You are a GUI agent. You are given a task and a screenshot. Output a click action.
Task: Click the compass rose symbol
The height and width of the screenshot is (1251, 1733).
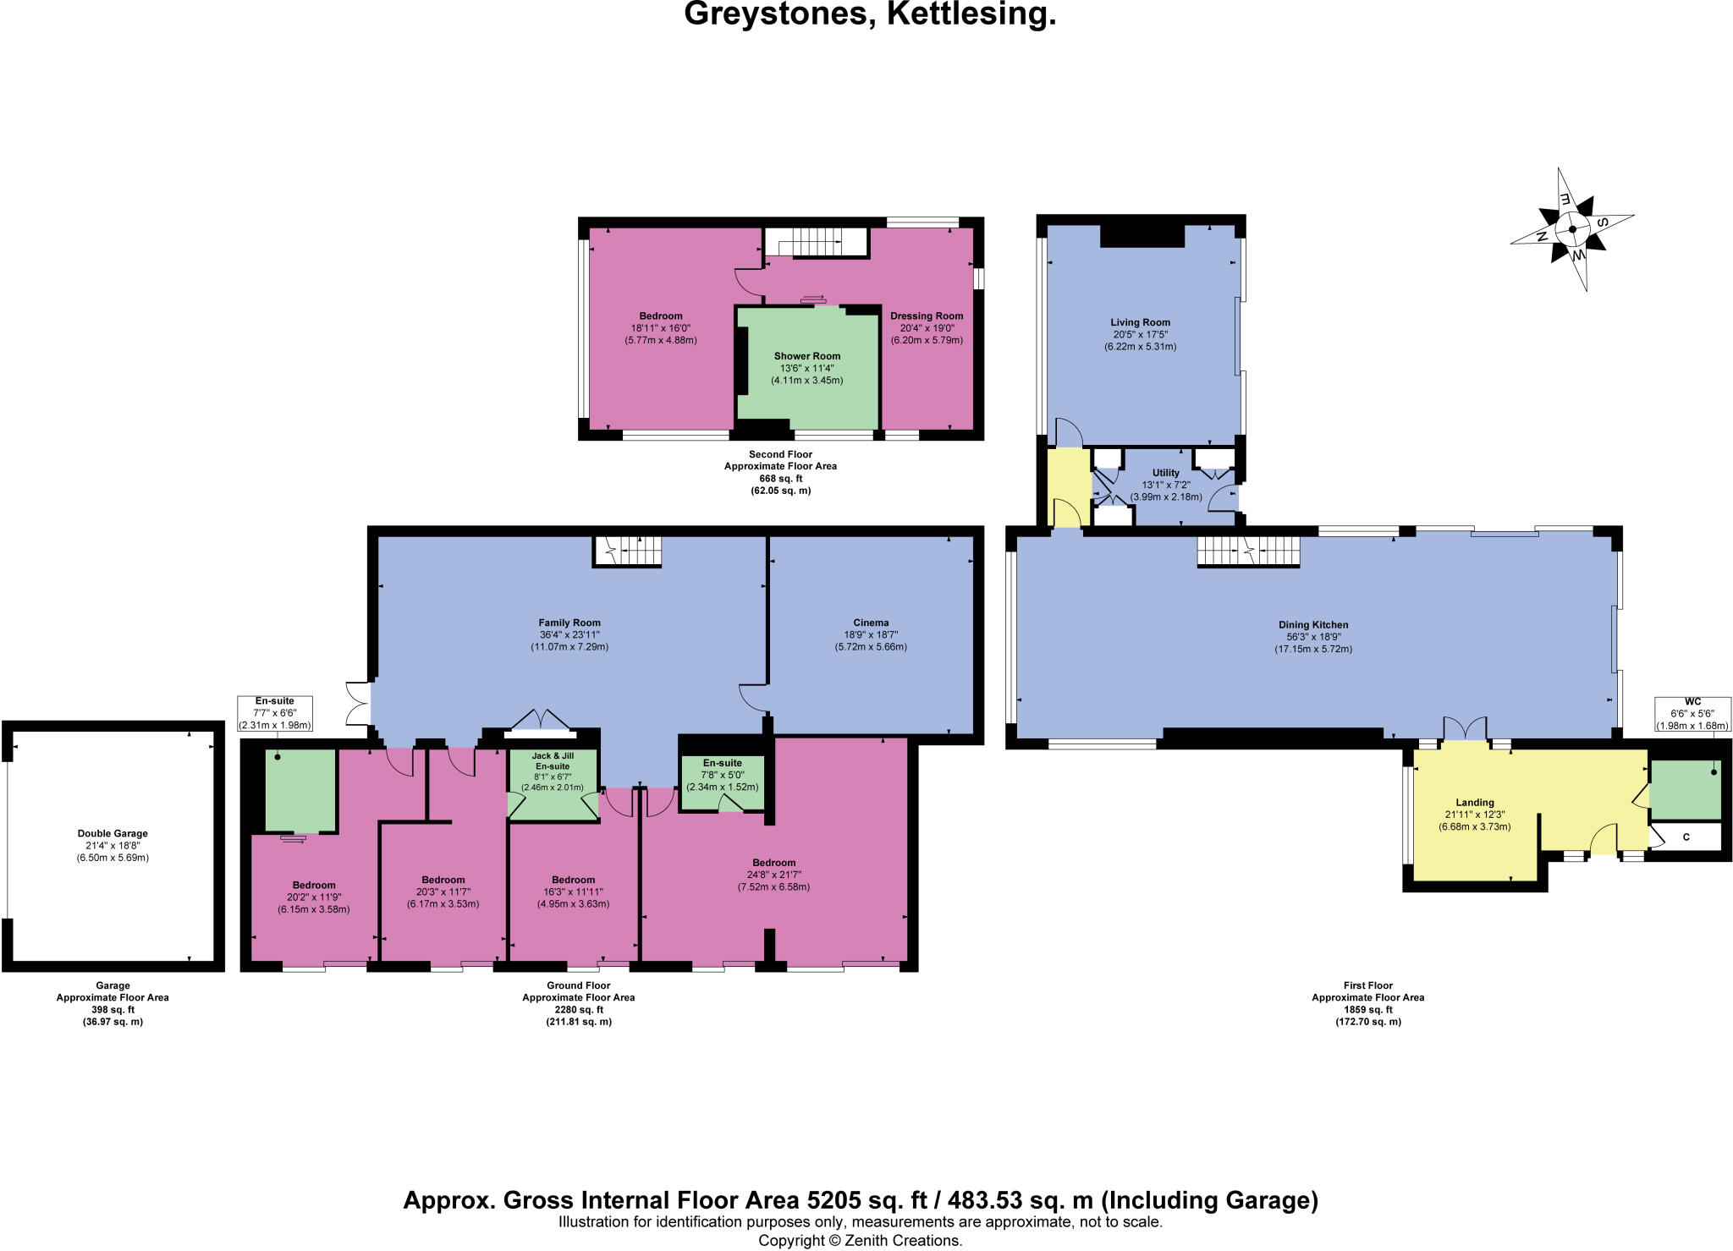(1572, 229)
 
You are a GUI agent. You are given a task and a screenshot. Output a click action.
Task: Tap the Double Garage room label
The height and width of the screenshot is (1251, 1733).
(113, 845)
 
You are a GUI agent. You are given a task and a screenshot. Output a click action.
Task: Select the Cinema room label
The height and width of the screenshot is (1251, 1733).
(871, 634)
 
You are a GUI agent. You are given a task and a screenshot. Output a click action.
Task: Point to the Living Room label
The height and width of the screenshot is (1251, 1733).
(1140, 334)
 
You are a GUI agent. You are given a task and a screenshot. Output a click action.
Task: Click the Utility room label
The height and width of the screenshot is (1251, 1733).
(1165, 485)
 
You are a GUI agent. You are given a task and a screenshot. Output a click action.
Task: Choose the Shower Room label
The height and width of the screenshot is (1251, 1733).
(806, 368)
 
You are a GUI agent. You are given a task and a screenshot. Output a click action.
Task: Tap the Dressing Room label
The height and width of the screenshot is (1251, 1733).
(927, 328)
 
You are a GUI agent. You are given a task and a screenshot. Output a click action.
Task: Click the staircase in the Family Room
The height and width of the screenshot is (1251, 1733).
(626, 551)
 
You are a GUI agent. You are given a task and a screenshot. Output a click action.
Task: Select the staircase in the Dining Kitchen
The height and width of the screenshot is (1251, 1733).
(1247, 551)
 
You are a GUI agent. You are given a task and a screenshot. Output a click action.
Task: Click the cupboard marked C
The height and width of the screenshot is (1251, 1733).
(1686, 837)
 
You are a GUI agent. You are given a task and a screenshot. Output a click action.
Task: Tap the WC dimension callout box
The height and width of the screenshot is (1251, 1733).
(1692, 713)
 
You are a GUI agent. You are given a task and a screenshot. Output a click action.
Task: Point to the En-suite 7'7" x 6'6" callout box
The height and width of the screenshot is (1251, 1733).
(275, 713)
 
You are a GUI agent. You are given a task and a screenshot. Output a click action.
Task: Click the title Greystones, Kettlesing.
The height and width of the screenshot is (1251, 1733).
(869, 15)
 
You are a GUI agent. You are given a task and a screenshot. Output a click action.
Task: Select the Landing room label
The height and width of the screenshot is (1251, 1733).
(1474, 814)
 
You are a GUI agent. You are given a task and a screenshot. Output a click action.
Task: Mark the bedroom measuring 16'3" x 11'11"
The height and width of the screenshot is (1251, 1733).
(573, 892)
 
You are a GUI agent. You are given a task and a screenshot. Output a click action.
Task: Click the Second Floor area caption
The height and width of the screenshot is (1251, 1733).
(780, 472)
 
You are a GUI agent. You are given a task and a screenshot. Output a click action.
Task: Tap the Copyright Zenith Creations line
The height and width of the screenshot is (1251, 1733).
(860, 1241)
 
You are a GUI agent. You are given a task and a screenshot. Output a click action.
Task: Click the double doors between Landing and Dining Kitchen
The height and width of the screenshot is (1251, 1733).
(1465, 728)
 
